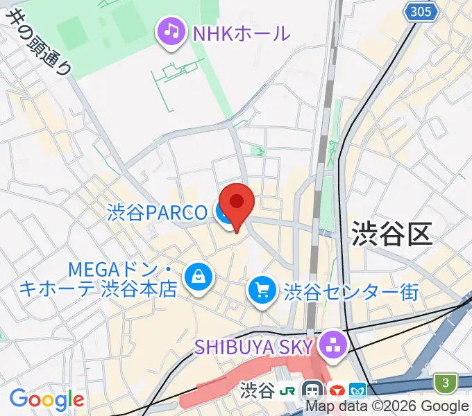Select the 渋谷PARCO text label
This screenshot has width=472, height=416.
[157, 213]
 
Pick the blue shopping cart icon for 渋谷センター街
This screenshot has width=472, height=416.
[262, 290]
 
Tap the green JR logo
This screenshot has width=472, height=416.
[287, 391]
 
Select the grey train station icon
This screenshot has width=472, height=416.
[312, 391]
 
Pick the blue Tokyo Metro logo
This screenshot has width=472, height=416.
[359, 391]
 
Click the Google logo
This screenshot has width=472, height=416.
[47, 399]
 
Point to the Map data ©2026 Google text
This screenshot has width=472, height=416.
[387, 406]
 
